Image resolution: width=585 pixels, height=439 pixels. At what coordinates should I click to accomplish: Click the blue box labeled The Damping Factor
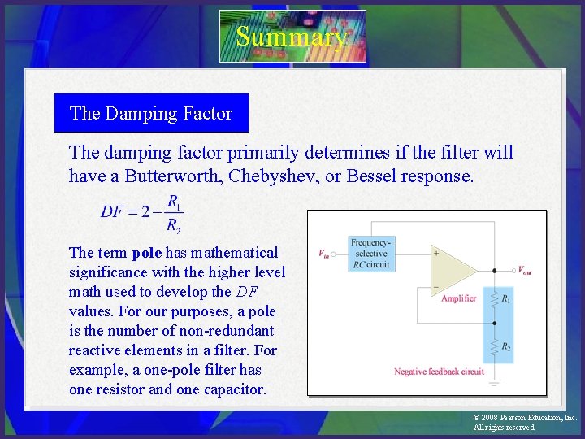pos(151,113)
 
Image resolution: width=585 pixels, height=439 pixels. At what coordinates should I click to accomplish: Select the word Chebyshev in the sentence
pos(281,176)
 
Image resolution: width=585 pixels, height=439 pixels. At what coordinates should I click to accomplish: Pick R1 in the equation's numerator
pos(174,201)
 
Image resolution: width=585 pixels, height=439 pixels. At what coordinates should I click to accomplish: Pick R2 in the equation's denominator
pos(174,225)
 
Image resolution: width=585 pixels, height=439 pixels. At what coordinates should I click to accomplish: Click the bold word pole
pos(147,253)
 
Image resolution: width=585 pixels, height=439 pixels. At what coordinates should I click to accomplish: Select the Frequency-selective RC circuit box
pos(370,254)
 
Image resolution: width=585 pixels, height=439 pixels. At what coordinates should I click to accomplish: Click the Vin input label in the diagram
pos(323,254)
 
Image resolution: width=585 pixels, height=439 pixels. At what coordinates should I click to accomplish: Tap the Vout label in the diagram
pos(526,270)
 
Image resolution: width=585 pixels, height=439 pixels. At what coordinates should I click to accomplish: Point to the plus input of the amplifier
pos(436,254)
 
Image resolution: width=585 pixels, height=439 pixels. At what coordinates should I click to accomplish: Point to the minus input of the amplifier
pos(436,287)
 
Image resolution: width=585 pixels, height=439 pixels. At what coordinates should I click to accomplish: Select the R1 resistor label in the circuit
pos(507,299)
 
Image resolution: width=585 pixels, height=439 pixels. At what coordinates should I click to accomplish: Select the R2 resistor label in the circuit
pos(507,347)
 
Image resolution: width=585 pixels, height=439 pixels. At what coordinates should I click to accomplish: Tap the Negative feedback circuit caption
pos(439,372)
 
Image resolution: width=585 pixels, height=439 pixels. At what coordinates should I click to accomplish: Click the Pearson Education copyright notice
pos(524,422)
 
